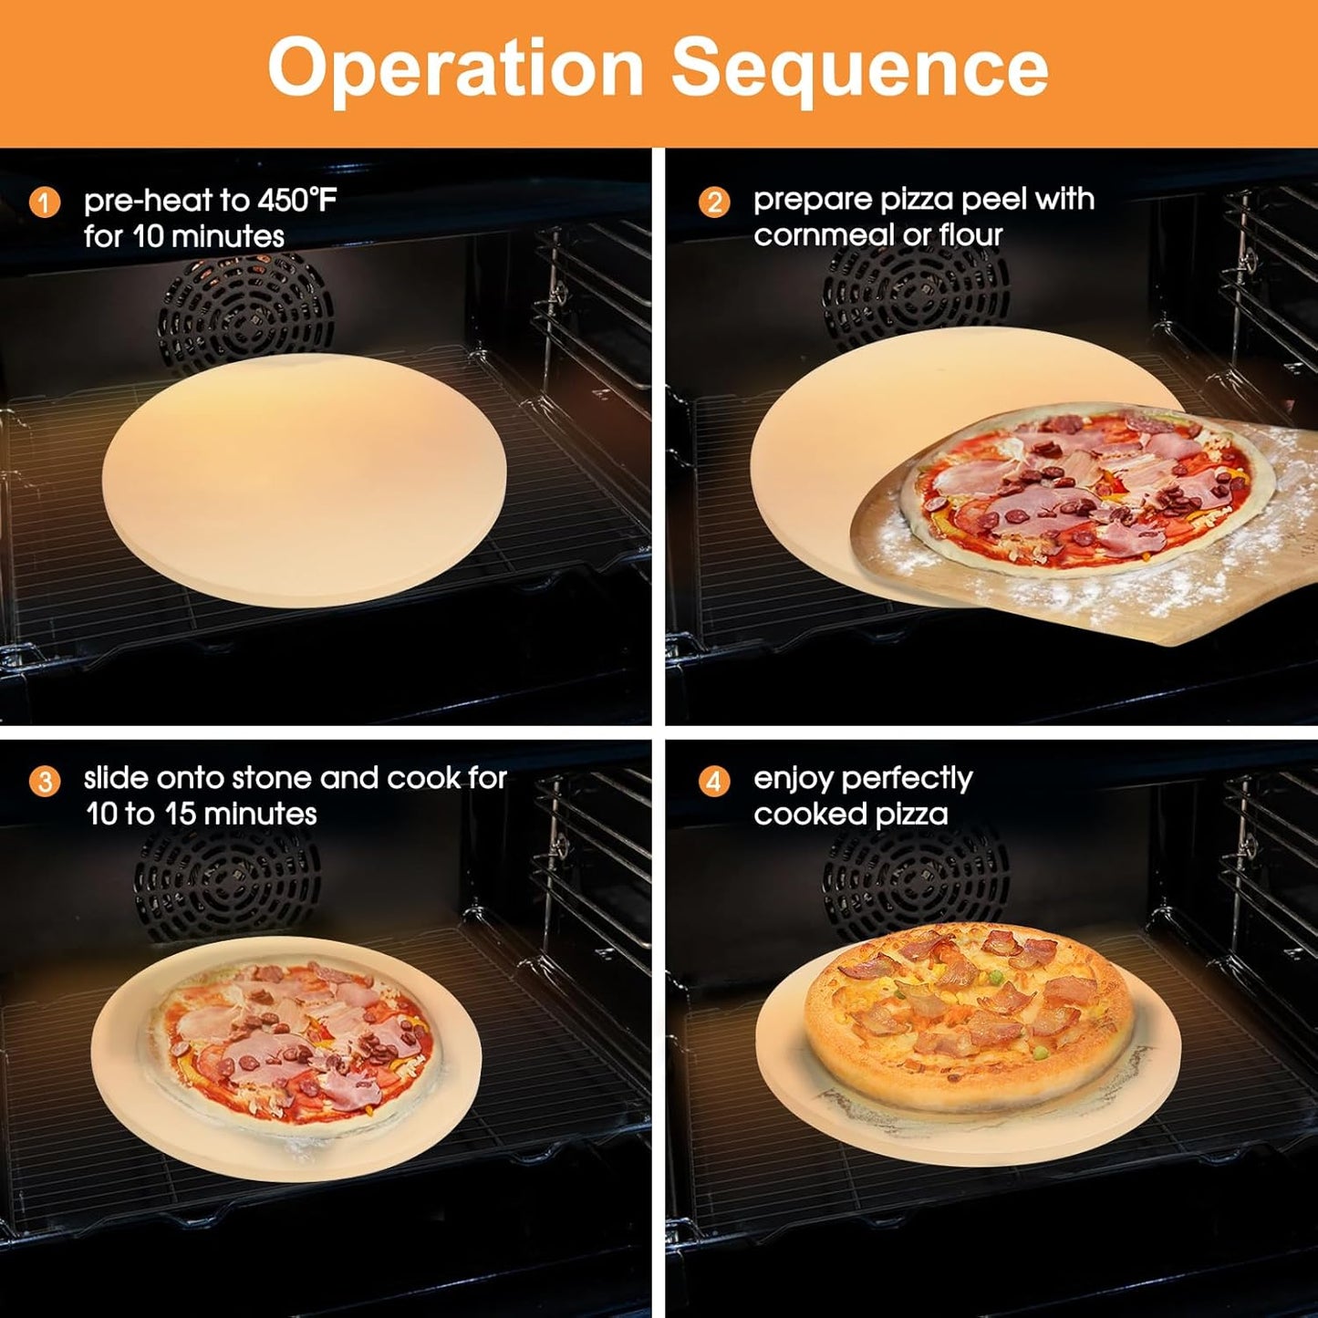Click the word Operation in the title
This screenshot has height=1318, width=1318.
coord(455,68)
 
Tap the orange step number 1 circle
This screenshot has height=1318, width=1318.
coord(45,202)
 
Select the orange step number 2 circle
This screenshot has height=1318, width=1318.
coord(714,202)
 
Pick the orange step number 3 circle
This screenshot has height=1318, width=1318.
coord(45,781)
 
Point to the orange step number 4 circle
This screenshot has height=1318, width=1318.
coord(714,781)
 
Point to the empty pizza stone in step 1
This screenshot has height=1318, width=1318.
coord(304,479)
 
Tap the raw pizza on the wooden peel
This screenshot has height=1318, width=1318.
coord(1085,493)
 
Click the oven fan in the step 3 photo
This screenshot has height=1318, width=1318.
coord(228,889)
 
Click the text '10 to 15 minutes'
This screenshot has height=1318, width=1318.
coord(202,814)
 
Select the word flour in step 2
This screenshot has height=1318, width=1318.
coord(970,235)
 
